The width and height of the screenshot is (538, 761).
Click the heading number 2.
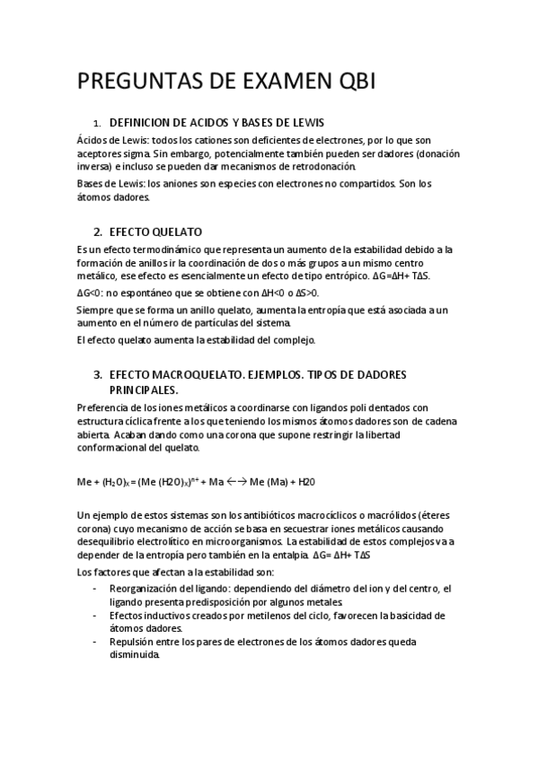click(98, 231)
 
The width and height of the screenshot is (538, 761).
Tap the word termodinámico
click(160, 249)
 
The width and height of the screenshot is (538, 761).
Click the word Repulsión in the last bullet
click(135, 642)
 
